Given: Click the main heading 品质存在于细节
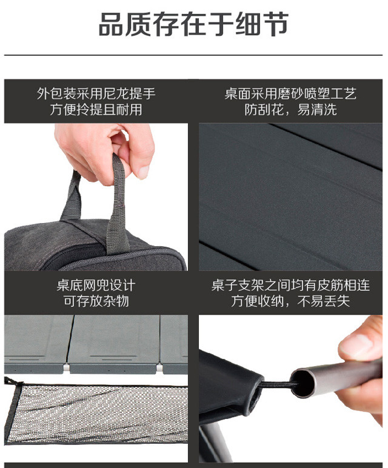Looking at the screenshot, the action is click(x=193, y=24).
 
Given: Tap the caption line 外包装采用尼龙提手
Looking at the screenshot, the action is click(x=96, y=93).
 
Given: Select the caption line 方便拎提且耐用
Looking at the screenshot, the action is click(x=96, y=109).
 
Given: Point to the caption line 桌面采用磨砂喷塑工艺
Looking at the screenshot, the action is click(x=290, y=93).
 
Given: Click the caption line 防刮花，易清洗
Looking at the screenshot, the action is click(x=290, y=109).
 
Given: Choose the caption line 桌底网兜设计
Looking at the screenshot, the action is click(x=96, y=286).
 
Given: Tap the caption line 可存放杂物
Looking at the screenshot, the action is click(x=96, y=301).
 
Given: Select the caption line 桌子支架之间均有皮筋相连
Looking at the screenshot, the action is click(x=290, y=286).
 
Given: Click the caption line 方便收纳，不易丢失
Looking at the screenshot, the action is click(x=290, y=301).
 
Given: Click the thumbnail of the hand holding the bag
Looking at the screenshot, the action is click(x=96, y=197).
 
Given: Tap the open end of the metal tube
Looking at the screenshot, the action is click(x=303, y=383).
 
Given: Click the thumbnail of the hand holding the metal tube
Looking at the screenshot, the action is click(x=290, y=389).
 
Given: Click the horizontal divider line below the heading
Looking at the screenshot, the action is click(x=193, y=55).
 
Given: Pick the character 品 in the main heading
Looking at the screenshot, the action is click(x=111, y=24).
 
